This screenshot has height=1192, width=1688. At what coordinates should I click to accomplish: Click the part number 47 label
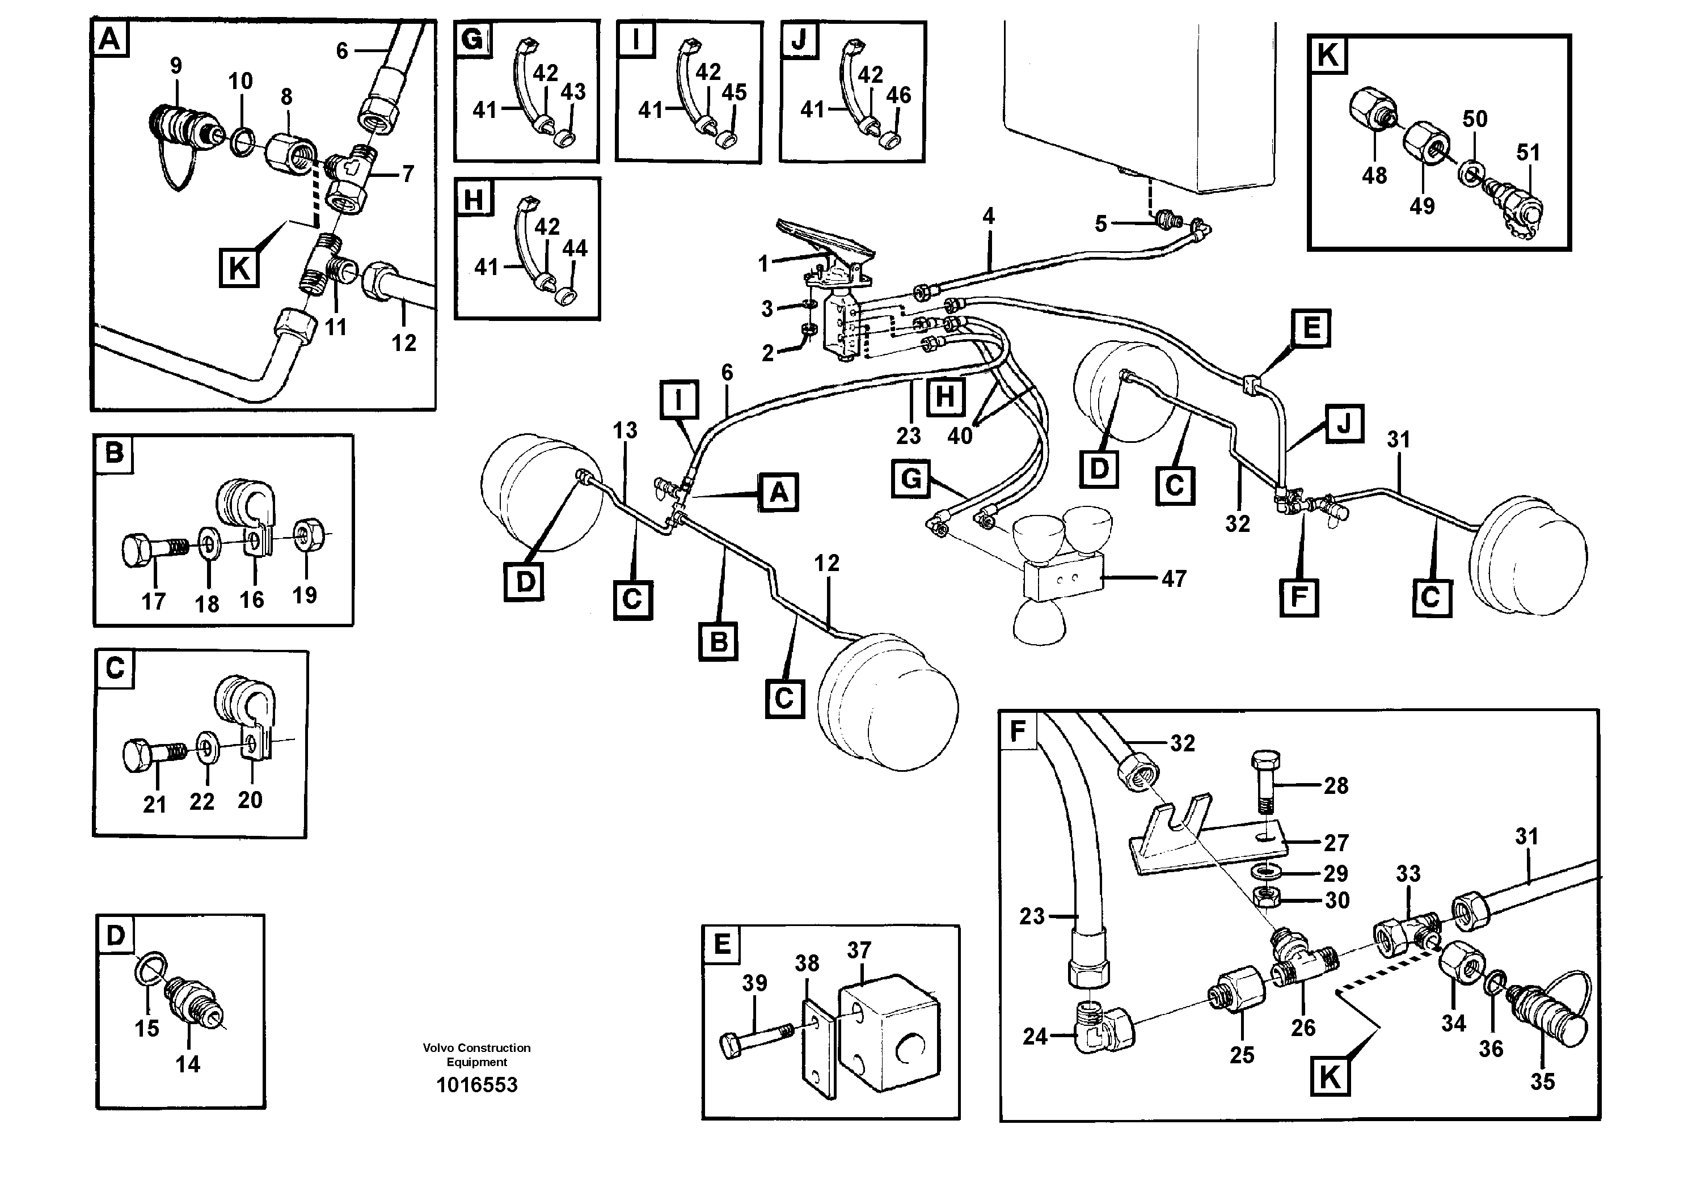1174,578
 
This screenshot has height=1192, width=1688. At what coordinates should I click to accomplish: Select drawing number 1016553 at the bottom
476,1085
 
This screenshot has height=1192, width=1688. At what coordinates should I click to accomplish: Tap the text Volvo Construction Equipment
476,1055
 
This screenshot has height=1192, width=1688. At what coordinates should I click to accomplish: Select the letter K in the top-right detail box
1328,54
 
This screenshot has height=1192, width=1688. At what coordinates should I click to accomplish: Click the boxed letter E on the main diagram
1311,328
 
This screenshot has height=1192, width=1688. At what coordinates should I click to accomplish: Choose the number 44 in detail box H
575,248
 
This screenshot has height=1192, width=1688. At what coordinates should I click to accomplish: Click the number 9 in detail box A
176,65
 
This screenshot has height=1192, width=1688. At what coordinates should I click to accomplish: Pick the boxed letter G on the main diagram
911,479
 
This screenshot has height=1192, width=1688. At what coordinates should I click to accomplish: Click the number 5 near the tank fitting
1100,223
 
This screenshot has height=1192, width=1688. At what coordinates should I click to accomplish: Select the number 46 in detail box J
898,95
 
